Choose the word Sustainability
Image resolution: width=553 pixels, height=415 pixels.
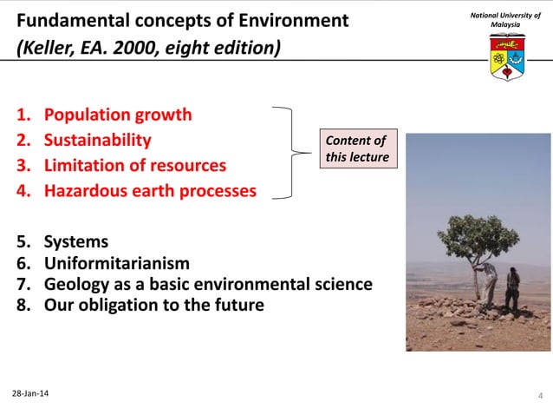[x=97, y=140]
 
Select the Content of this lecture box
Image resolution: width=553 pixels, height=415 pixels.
[x=355, y=148]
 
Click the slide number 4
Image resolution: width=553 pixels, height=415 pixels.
[x=541, y=397]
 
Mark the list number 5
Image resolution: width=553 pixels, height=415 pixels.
[x=23, y=242]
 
